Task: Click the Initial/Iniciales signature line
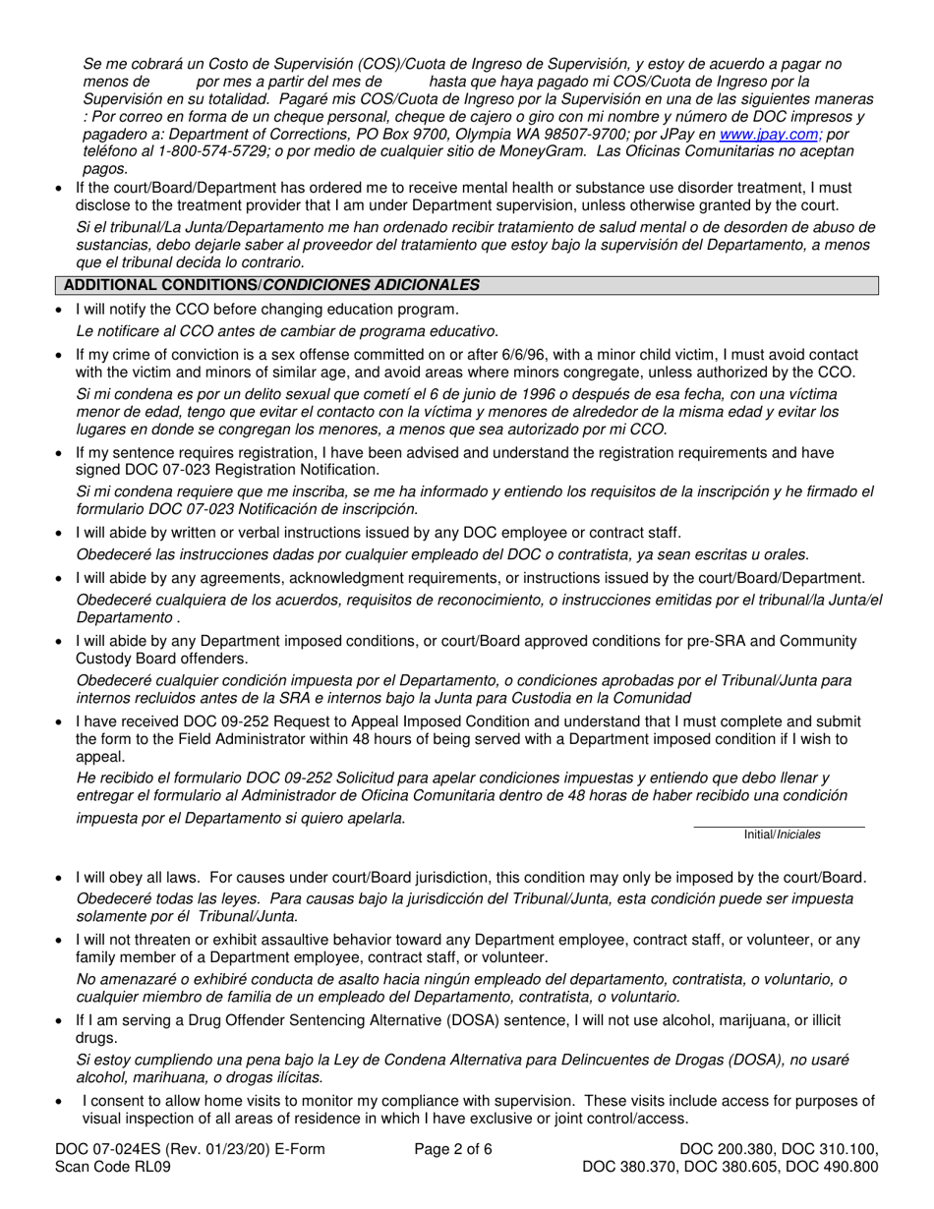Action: pos(779,826)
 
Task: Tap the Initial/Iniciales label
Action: pos(782,835)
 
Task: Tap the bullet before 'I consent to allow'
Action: pos(62,1102)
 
